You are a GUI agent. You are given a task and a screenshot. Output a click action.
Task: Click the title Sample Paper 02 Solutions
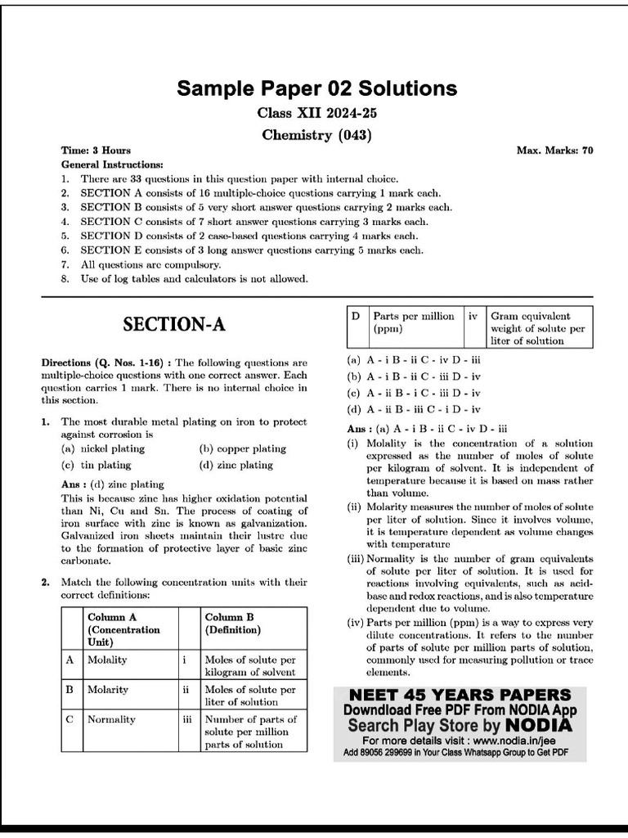[x=317, y=88]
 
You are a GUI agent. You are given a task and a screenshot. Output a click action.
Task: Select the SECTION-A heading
[x=173, y=325]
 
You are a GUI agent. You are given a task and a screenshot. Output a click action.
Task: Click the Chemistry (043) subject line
[x=317, y=135]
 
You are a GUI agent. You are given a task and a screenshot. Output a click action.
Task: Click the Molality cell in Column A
[x=107, y=660]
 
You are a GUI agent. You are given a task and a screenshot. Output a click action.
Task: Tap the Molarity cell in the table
[x=108, y=690]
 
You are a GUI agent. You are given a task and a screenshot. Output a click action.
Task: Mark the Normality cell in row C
[x=111, y=719]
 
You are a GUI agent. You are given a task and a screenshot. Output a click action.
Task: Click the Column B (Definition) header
[x=232, y=624]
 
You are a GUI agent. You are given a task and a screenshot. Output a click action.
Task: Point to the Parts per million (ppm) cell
[x=413, y=322]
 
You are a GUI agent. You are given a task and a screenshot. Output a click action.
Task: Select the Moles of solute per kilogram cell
[x=250, y=665]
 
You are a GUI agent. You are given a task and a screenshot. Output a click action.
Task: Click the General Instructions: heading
[x=112, y=164]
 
